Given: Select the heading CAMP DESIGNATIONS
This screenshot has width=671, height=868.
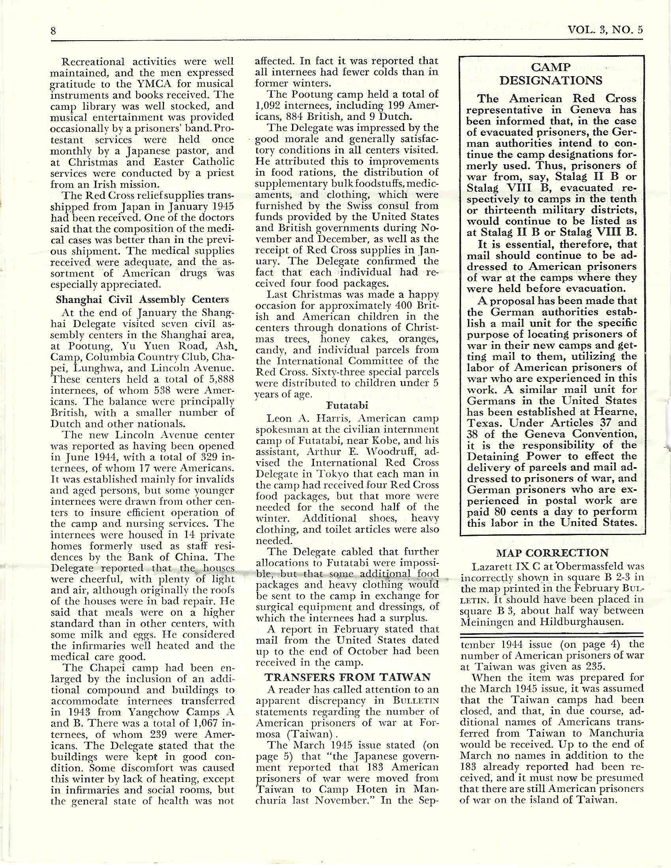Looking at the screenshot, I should (551, 74).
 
